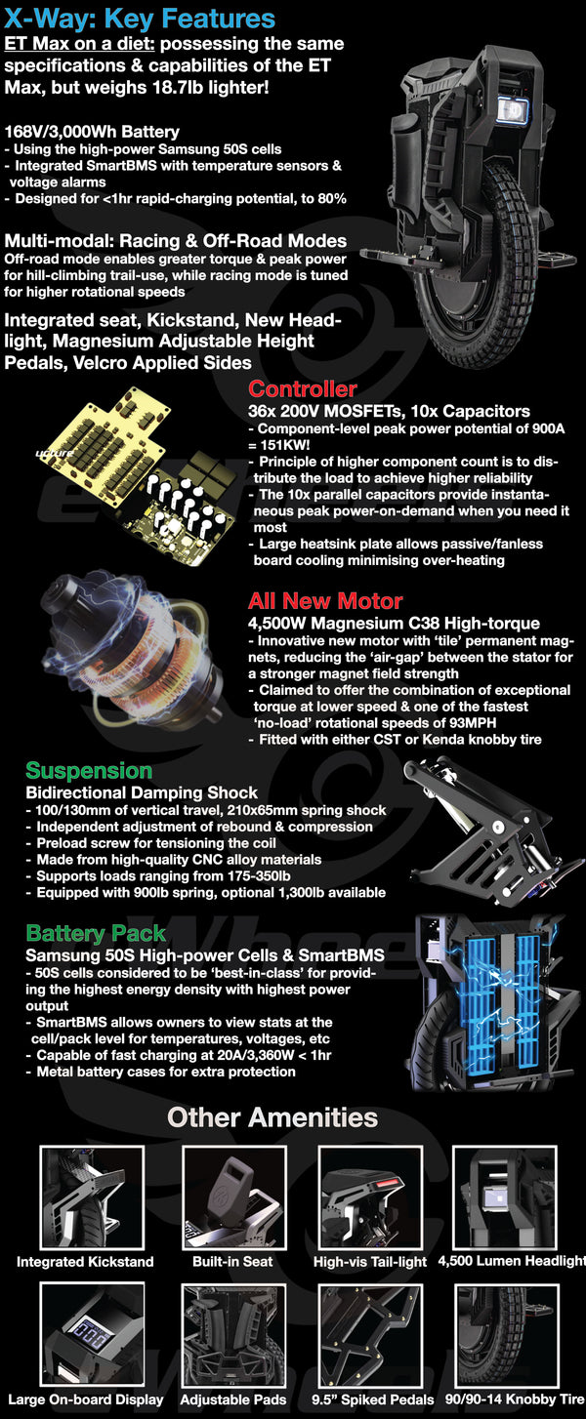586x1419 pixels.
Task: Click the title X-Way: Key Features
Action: (140, 18)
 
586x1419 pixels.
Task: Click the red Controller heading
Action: (302, 390)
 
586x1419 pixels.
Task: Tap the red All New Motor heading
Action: (325, 600)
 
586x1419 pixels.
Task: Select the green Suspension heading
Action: (89, 771)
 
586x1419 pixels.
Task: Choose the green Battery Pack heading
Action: (96, 934)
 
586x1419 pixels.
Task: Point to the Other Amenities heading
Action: (272, 1116)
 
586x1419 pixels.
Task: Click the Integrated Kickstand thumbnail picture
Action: (91, 1197)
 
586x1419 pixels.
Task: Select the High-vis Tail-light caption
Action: (370, 1262)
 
